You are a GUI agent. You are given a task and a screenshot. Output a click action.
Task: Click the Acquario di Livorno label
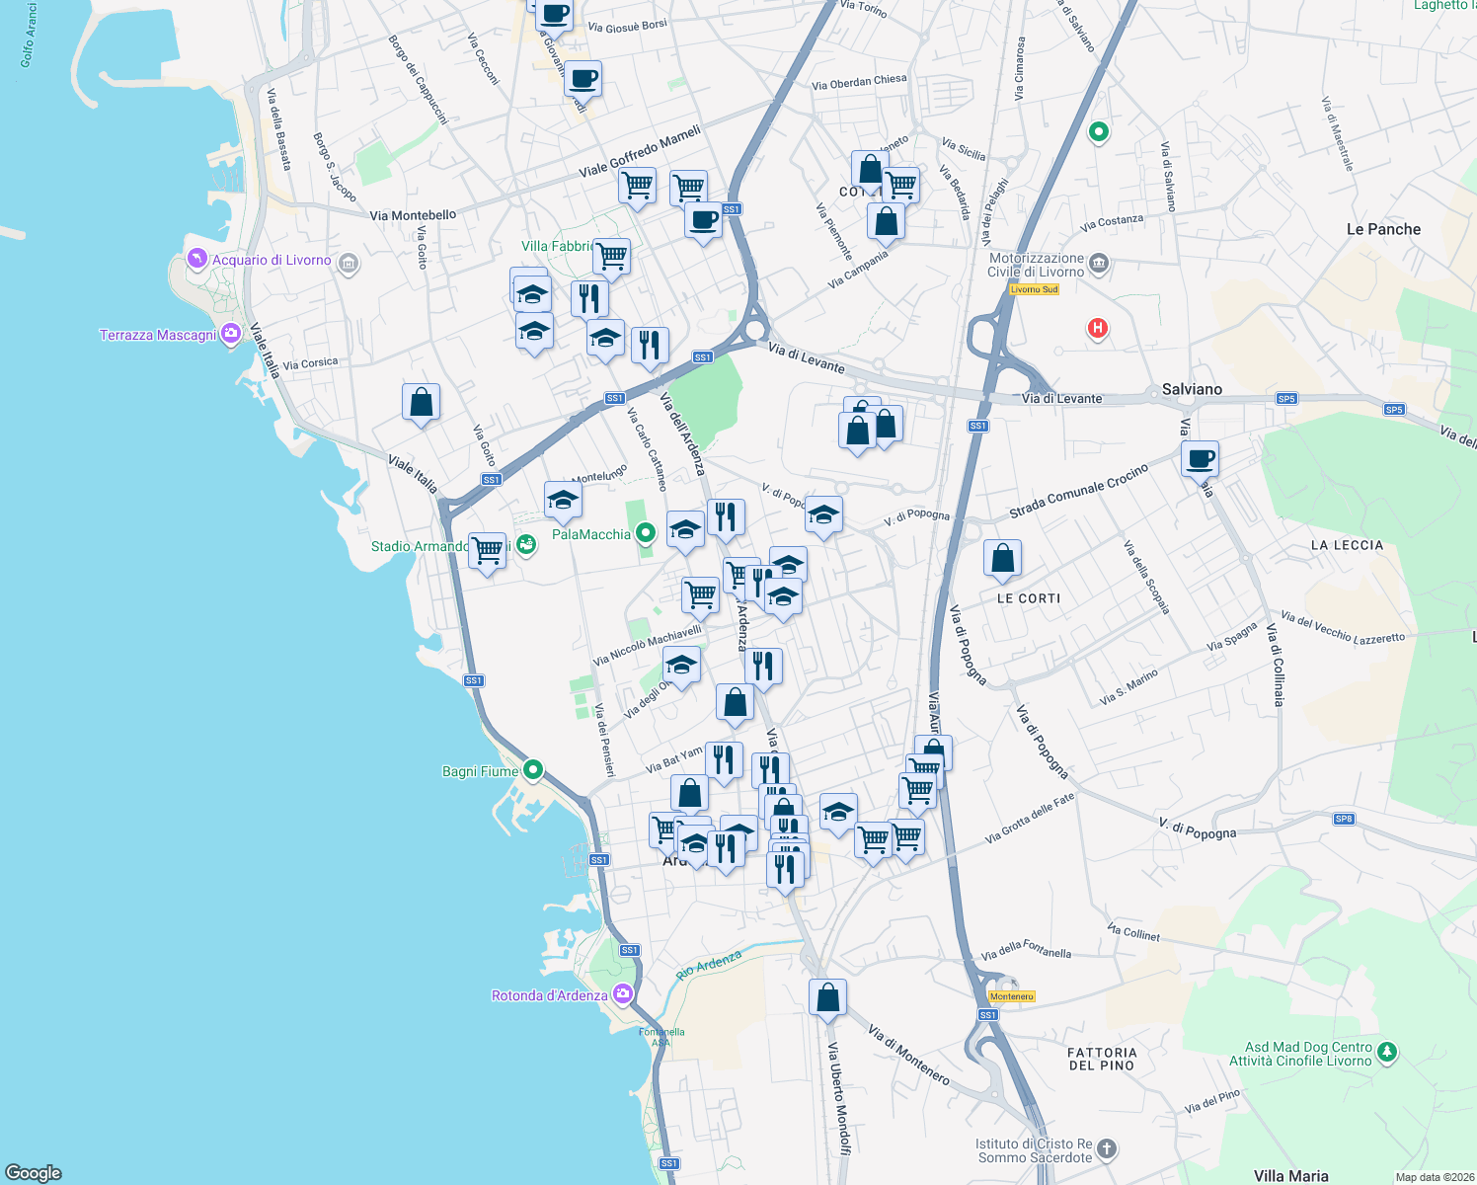point(272,261)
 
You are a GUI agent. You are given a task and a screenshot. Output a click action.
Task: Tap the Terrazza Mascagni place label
point(158,336)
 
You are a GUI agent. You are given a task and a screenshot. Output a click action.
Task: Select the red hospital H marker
point(1097,328)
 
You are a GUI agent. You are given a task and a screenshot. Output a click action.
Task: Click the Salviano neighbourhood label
point(1192,389)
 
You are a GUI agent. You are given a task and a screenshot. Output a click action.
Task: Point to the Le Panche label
point(1383,229)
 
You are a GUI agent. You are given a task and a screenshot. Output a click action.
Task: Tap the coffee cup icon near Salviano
point(1200,459)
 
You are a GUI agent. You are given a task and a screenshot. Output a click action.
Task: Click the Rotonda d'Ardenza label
point(550,995)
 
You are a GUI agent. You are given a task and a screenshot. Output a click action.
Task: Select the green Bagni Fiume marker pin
point(533,769)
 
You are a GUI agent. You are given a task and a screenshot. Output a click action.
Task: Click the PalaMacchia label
point(590,534)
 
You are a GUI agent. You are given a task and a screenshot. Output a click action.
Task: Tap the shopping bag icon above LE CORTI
point(1002,559)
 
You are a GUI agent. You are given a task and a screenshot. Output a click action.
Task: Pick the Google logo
point(34,1173)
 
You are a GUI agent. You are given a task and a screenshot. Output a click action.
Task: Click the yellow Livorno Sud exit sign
point(1034,289)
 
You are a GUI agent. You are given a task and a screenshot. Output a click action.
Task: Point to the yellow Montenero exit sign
point(1011,996)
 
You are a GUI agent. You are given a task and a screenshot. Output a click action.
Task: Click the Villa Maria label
point(1290,1175)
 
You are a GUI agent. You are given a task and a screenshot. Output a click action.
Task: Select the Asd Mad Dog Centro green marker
point(1387,1052)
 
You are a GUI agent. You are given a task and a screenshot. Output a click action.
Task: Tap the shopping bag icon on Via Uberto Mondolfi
point(827,997)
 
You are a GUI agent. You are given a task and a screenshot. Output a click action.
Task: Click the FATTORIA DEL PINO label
point(1102,1059)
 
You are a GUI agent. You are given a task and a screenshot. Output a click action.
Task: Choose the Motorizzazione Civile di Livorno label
point(1037,265)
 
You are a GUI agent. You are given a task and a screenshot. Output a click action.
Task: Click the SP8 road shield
point(1343,819)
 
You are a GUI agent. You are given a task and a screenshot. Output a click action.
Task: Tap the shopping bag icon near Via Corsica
point(421,403)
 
